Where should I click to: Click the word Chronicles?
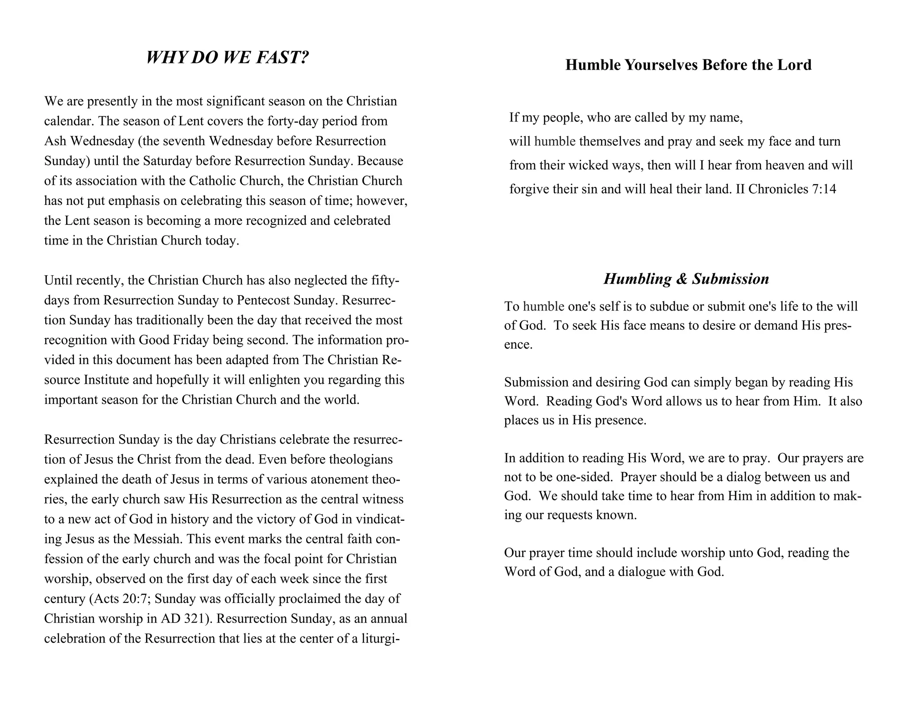coord(778,189)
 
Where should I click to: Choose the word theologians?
coord(358,459)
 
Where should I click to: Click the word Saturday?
coord(167,161)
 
